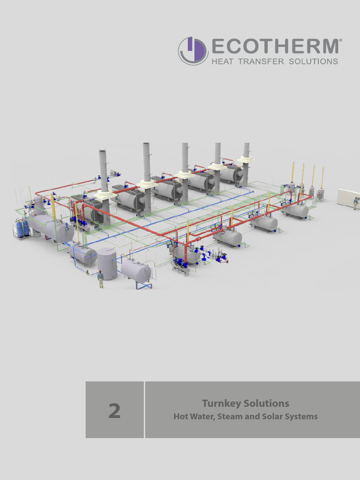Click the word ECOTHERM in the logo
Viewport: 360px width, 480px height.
click(275, 46)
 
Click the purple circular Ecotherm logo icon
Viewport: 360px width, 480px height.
click(193, 51)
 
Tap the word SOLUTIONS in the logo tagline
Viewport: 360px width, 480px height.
click(314, 61)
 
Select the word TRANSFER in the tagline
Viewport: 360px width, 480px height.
click(261, 61)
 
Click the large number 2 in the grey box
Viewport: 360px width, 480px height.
click(114, 411)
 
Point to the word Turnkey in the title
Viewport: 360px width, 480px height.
click(219, 403)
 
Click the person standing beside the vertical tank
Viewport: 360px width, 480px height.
click(100, 279)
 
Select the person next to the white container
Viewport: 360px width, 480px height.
click(356, 203)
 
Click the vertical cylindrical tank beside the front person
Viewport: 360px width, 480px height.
click(107, 264)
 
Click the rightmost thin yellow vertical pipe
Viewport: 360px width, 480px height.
click(322, 176)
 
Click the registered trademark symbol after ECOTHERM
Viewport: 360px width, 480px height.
click(340, 41)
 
